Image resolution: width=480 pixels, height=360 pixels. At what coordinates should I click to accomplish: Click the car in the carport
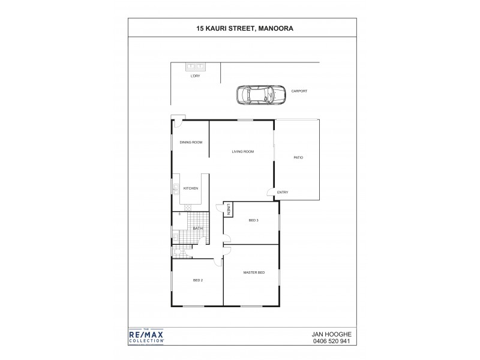point(261,95)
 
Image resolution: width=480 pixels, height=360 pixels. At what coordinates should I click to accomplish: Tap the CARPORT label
point(299,91)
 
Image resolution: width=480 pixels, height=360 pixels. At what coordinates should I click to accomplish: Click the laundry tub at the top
point(196,67)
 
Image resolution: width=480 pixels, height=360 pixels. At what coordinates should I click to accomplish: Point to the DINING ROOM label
point(191,142)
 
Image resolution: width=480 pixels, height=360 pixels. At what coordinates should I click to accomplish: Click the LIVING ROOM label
point(243,152)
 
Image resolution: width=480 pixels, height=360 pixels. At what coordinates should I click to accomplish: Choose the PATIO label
point(298,158)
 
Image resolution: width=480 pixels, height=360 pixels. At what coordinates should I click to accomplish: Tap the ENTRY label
point(283,193)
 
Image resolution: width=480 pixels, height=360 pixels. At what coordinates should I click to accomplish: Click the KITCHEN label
point(191,188)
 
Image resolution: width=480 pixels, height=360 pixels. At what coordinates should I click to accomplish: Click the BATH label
point(197,229)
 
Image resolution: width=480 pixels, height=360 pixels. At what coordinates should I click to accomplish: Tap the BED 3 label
point(253,220)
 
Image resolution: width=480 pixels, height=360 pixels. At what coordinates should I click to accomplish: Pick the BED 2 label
point(198,280)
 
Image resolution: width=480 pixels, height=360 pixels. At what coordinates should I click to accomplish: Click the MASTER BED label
point(254,273)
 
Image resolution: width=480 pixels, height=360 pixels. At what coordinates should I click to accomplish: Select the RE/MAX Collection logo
point(147,337)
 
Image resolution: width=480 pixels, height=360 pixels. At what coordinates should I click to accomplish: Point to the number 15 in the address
point(200,27)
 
